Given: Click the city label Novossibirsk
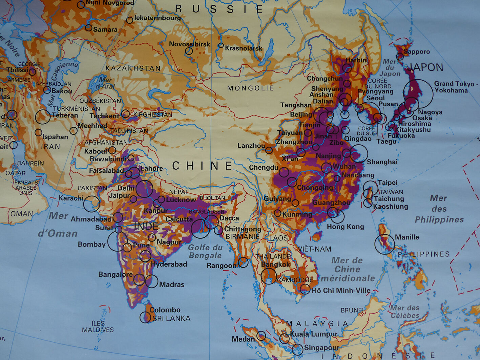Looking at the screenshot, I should (189, 44).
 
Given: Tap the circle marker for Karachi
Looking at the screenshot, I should (91, 204).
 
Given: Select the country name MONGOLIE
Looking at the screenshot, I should (250, 88).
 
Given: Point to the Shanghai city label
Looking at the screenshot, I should (382, 162).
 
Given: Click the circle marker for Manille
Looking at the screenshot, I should (384, 244).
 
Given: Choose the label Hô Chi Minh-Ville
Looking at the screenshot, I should (341, 291).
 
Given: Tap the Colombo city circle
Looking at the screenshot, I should (145, 317).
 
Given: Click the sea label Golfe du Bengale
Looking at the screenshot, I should (205, 252).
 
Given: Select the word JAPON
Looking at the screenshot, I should (426, 67).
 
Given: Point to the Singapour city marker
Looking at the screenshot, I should (297, 349).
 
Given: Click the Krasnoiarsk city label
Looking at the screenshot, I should (244, 48).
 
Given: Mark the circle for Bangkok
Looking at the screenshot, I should (269, 276).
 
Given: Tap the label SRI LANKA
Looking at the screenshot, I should (171, 318).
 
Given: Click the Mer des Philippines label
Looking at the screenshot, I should (439, 209).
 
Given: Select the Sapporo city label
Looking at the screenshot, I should (417, 52).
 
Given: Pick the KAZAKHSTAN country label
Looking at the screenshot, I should (133, 68).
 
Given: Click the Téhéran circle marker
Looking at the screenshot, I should (43, 117).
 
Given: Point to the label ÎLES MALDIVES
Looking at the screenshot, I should (98, 326).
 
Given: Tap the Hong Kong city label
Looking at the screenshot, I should (345, 227).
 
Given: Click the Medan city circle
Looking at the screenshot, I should (261, 336).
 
